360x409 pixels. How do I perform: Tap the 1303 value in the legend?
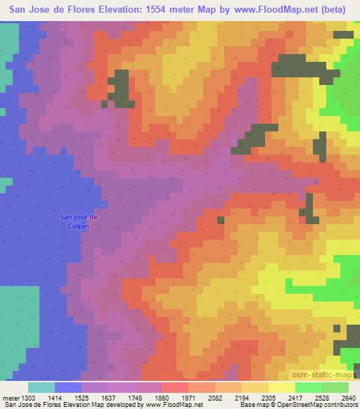[28, 398]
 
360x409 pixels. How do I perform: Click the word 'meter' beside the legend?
[11, 398]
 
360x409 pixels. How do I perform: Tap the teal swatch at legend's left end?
[41, 387]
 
